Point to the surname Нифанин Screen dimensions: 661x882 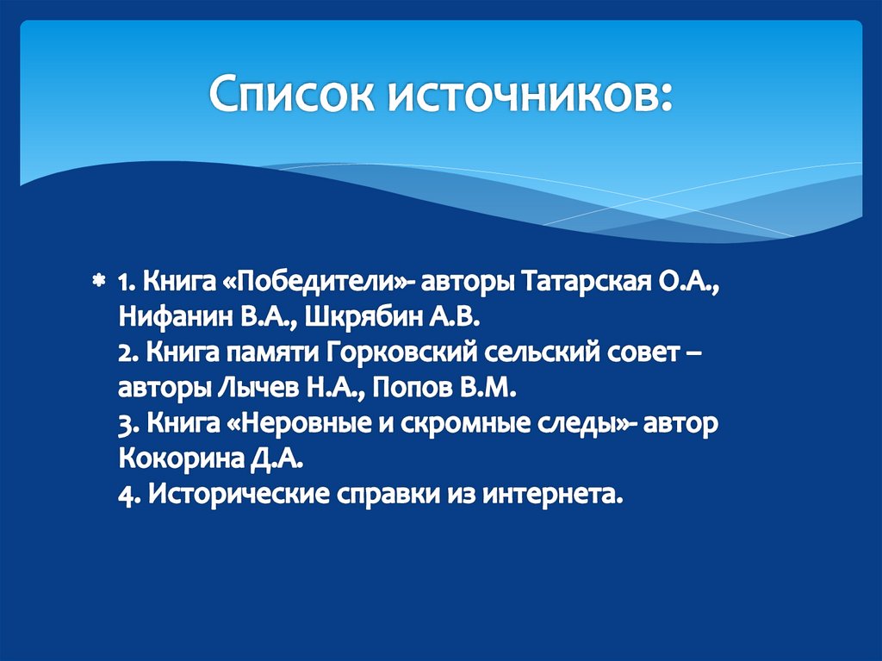[168, 316]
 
